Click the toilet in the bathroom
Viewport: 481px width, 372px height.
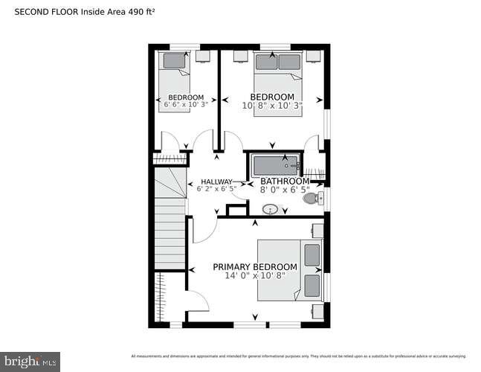click(311, 198)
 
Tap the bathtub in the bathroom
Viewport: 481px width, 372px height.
click(275, 164)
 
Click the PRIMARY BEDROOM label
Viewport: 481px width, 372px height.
click(255, 267)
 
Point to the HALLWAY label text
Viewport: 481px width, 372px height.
click(216, 181)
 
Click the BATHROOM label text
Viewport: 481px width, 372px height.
click(284, 181)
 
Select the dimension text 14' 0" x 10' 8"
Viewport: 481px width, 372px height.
click(255, 276)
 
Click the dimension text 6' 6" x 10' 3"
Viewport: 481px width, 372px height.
click(186, 105)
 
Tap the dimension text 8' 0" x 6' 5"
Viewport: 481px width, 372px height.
click(284, 190)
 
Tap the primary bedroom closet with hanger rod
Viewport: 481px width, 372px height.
click(160, 298)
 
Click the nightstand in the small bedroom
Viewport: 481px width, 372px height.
click(202, 56)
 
